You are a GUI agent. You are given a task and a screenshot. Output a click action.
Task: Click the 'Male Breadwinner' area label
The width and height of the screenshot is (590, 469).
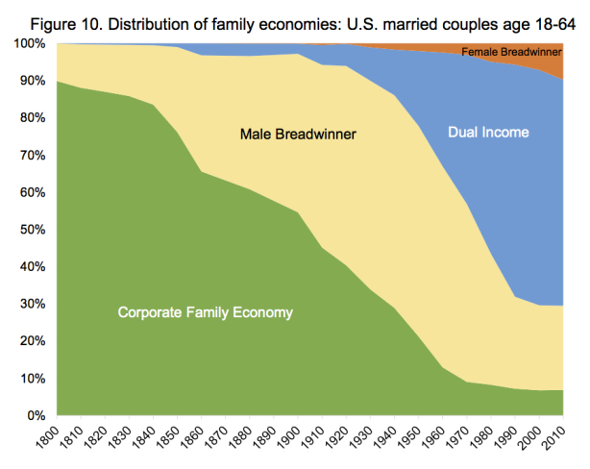298,134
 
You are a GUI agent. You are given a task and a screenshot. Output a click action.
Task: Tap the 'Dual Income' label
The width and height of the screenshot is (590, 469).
488,132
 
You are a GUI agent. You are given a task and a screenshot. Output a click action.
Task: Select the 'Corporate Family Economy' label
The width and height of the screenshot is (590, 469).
205,312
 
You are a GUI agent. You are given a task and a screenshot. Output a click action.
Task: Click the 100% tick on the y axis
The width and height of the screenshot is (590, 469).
29,44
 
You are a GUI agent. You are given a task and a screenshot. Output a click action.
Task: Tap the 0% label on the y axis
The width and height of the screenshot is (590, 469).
35,415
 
